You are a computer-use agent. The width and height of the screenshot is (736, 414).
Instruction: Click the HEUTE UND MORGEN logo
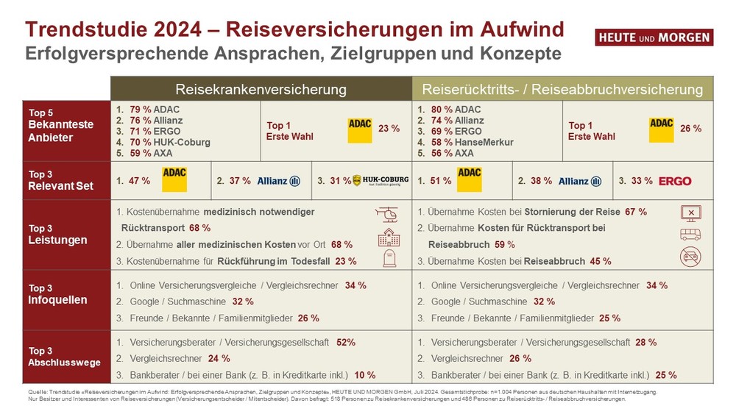tap(654, 38)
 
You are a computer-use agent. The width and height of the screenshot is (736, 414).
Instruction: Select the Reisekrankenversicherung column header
tap(261, 89)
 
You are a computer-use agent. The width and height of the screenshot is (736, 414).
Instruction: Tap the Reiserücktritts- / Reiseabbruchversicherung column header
tap(562, 89)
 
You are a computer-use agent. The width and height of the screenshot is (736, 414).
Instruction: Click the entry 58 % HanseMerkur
tap(462, 141)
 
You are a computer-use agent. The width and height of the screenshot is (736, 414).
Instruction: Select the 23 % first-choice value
tap(389, 129)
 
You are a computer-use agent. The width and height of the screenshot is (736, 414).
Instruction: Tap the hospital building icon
tap(388, 237)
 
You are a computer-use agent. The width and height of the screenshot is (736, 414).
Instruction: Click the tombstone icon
tap(388, 258)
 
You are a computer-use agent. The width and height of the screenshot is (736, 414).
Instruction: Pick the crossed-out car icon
tap(691, 257)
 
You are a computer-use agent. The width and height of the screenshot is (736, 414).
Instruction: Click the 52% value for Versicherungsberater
tap(346, 342)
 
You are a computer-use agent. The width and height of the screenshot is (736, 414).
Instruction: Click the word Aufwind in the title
tap(514, 29)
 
